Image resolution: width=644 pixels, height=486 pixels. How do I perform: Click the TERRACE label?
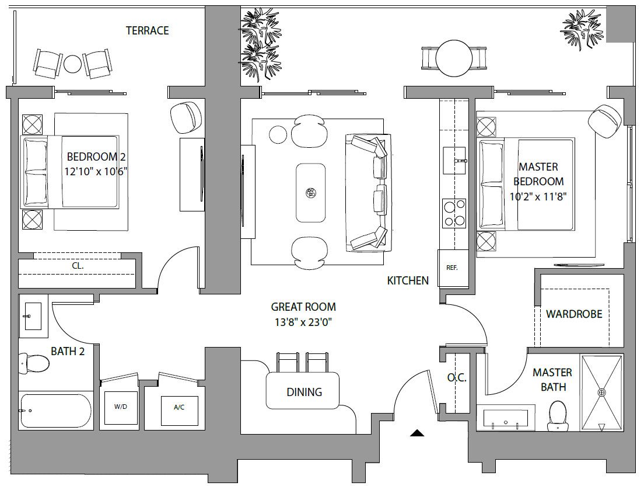(x=147, y=30)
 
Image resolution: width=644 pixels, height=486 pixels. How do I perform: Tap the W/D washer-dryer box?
(x=121, y=408)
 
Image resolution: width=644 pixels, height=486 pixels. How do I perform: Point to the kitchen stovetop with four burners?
(x=454, y=213)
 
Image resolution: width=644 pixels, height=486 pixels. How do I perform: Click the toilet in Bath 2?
(x=34, y=362)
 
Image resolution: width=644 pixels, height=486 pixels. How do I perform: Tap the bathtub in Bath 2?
(x=55, y=410)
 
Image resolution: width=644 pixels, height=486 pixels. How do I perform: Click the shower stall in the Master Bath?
(x=601, y=393)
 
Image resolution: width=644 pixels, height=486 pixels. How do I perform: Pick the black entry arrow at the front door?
(x=417, y=432)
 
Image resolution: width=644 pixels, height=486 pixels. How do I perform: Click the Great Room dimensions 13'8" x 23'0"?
(x=303, y=322)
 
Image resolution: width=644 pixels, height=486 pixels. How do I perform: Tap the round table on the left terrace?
(x=72, y=64)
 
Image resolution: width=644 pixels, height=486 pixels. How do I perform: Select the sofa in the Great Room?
(x=369, y=192)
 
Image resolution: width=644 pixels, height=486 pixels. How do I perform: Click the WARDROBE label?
(x=574, y=314)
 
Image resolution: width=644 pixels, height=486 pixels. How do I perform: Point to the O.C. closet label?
(x=457, y=378)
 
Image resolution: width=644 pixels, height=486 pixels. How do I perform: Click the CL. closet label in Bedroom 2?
(x=78, y=266)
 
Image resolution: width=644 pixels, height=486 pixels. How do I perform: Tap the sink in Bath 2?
(x=33, y=316)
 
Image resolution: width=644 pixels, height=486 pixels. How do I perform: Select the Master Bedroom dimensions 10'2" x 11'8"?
(x=538, y=196)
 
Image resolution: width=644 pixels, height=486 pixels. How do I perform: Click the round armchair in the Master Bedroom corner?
(x=603, y=121)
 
